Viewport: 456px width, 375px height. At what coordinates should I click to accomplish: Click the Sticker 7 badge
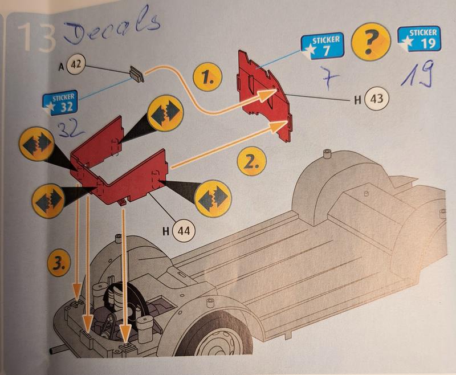point(321,46)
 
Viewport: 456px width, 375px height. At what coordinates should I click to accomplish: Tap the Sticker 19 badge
point(420,39)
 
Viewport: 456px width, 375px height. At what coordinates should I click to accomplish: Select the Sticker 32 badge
point(60,103)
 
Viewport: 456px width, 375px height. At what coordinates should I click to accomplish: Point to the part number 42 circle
point(76,64)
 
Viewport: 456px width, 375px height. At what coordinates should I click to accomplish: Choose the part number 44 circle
point(184,231)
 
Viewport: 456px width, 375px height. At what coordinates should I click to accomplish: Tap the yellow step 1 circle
point(207,77)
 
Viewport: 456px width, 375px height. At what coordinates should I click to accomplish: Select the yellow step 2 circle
point(251,161)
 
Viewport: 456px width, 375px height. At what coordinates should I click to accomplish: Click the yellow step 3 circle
point(59,264)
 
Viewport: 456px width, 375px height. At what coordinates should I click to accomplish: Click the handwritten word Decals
point(112,27)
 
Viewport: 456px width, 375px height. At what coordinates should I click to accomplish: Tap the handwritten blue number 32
point(70,129)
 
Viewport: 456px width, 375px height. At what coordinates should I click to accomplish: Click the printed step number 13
point(36,37)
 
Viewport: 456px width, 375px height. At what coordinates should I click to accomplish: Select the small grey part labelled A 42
point(137,74)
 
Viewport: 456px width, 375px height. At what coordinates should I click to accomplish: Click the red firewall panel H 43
point(264,95)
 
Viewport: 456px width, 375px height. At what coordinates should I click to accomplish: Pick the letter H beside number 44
point(166,231)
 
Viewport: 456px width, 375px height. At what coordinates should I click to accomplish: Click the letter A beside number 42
point(61,67)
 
